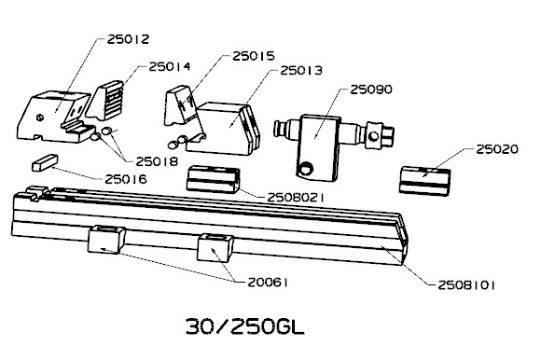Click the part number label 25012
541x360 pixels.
[128, 39]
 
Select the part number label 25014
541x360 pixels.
[170, 66]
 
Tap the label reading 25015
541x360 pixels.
[254, 56]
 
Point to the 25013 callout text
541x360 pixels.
[301, 70]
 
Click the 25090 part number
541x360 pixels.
[371, 90]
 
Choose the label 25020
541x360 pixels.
[497, 149]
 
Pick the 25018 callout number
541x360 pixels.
[157, 161]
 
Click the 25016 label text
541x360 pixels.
[126, 179]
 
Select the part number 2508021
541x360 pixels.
[296, 198]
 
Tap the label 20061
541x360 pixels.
[268, 283]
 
